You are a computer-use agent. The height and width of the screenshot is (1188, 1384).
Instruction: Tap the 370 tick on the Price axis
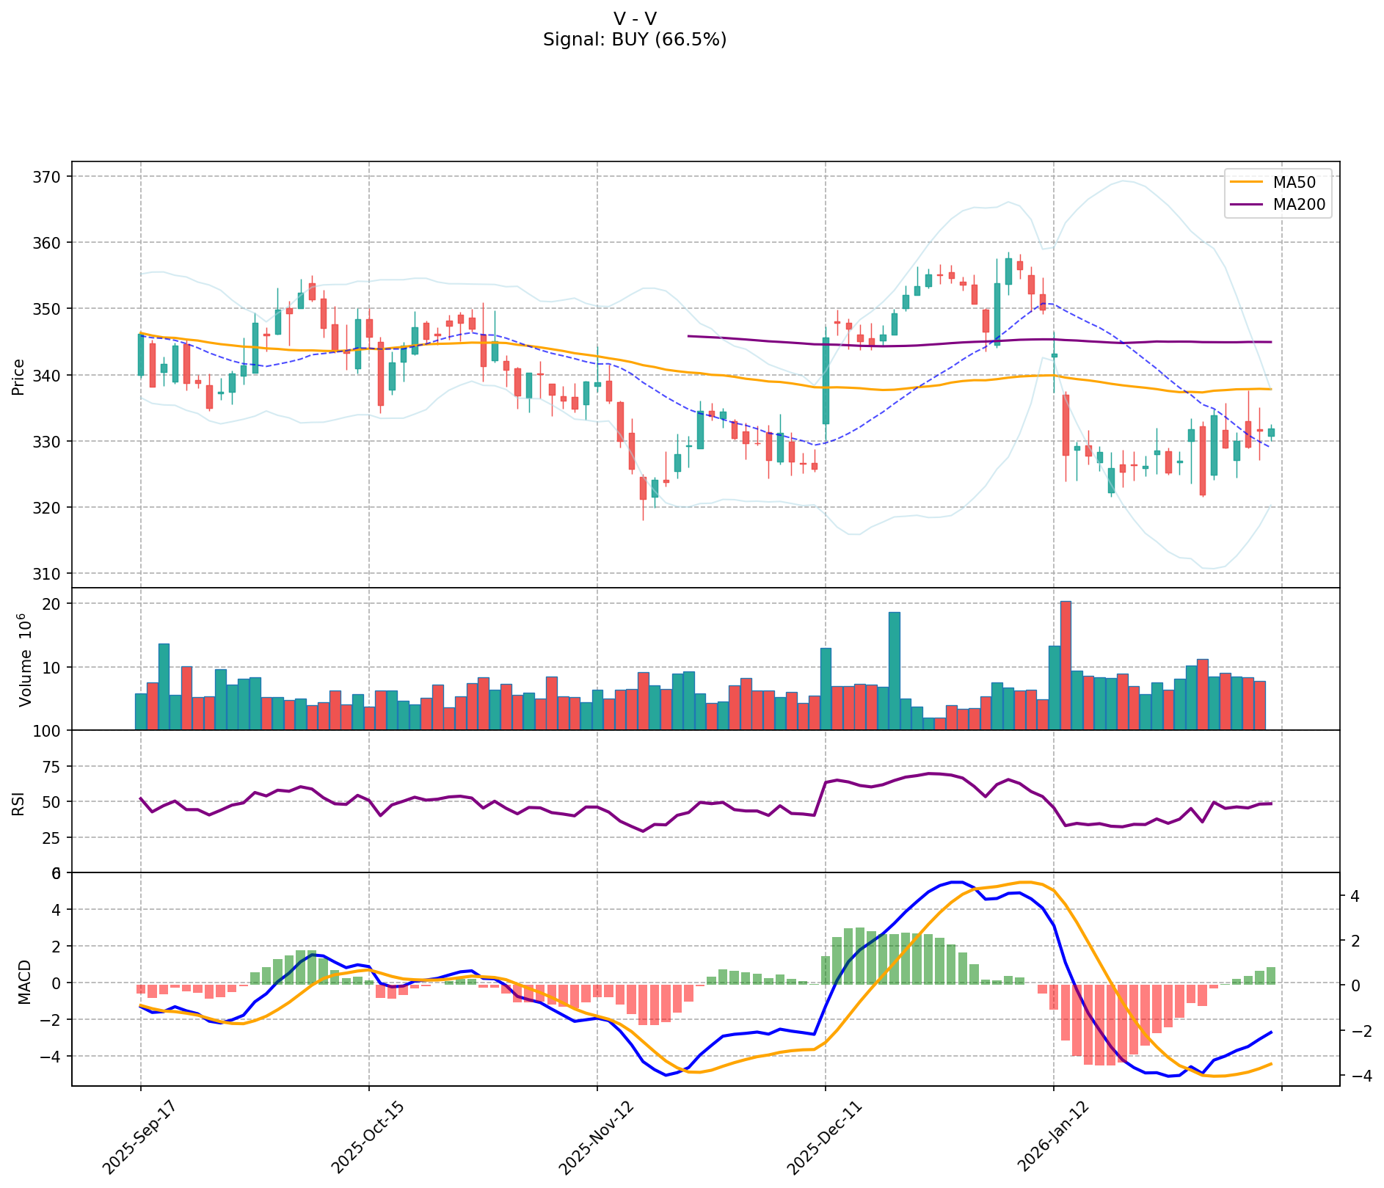click(51, 177)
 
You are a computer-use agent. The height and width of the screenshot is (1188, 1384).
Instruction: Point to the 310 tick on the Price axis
click(51, 573)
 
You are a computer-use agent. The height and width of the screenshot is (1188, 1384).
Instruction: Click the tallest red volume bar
click(1066, 665)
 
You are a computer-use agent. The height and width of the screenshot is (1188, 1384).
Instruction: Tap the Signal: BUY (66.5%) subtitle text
click(635, 40)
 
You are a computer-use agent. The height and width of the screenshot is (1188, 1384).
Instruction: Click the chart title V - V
click(635, 18)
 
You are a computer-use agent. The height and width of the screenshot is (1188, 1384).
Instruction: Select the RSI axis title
click(18, 801)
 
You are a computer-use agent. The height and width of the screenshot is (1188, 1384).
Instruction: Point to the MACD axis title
click(24, 982)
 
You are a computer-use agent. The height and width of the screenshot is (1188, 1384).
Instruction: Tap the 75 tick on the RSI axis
click(51, 767)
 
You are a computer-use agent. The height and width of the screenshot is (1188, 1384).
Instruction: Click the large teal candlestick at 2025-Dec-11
click(826, 381)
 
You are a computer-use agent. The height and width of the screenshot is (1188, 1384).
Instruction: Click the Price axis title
click(18, 377)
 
